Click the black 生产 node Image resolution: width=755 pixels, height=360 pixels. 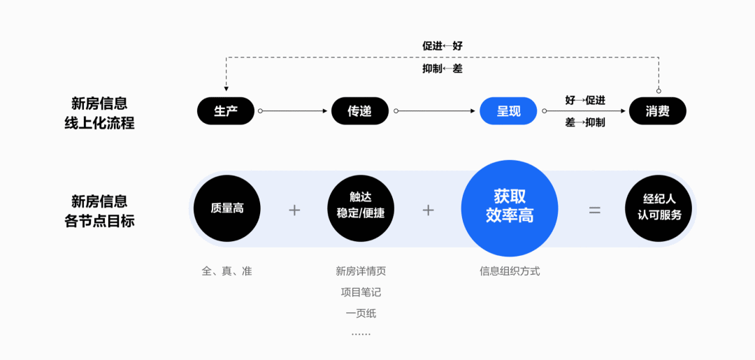[x=225, y=110]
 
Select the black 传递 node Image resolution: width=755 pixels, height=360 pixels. [x=359, y=110]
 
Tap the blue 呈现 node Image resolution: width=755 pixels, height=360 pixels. [x=508, y=110]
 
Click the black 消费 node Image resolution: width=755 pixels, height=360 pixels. [x=657, y=110]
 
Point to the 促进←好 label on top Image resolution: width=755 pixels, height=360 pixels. [x=442, y=46]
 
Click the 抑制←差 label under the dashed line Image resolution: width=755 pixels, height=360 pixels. [x=442, y=69]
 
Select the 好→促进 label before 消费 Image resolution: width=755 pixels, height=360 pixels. [x=585, y=100]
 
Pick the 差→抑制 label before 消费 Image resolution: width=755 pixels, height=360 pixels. [x=585, y=122]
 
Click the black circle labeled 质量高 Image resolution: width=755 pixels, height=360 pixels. [x=226, y=208]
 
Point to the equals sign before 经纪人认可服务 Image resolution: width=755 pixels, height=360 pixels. [x=594, y=209]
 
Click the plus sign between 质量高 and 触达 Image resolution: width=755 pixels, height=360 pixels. [x=294, y=209]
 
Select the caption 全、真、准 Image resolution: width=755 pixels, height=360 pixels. [x=226, y=271]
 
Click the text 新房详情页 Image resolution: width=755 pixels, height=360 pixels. [x=360, y=271]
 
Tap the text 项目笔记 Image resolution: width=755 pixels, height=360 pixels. [x=360, y=292]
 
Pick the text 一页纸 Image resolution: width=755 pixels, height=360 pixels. [x=360, y=313]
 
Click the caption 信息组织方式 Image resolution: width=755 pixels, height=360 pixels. [x=509, y=271]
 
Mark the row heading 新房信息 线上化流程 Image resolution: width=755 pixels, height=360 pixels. [x=99, y=113]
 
